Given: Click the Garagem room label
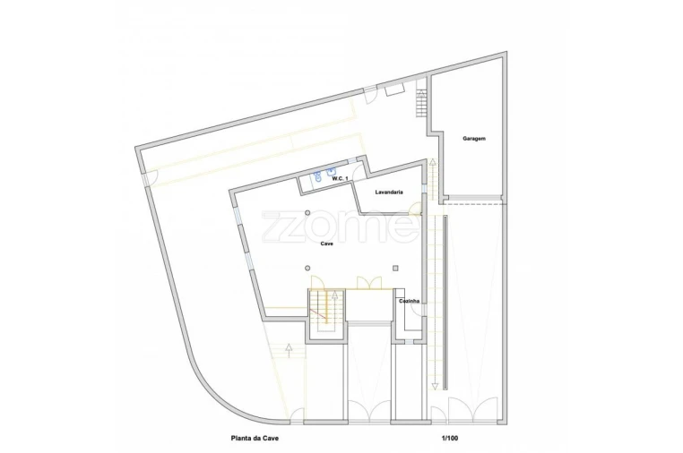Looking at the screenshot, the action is pyautogui.click(x=474, y=139).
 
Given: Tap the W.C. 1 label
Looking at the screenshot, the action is pyautogui.click(x=341, y=179).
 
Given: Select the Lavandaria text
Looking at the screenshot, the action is pyautogui.click(x=389, y=192).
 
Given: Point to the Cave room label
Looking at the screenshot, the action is pyautogui.click(x=326, y=244).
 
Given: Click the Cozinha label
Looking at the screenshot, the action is pyautogui.click(x=410, y=301).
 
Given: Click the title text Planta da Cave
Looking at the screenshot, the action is pyautogui.click(x=255, y=438).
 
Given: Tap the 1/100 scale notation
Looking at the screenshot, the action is pyautogui.click(x=450, y=438).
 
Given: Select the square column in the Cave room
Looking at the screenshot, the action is pyautogui.click(x=395, y=269).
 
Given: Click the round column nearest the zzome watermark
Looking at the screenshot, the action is pyautogui.click(x=308, y=213).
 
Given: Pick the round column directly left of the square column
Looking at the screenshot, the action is pyautogui.click(x=308, y=268).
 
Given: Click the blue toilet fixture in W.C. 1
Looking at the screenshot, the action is pyautogui.click(x=318, y=177).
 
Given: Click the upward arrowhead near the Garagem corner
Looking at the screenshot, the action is pyautogui.click(x=433, y=163).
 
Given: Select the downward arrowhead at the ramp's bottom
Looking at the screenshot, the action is pyautogui.click(x=435, y=387).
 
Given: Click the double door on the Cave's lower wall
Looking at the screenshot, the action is pyautogui.click(x=369, y=282).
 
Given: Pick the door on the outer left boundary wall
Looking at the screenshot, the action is pyautogui.click(x=150, y=178).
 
